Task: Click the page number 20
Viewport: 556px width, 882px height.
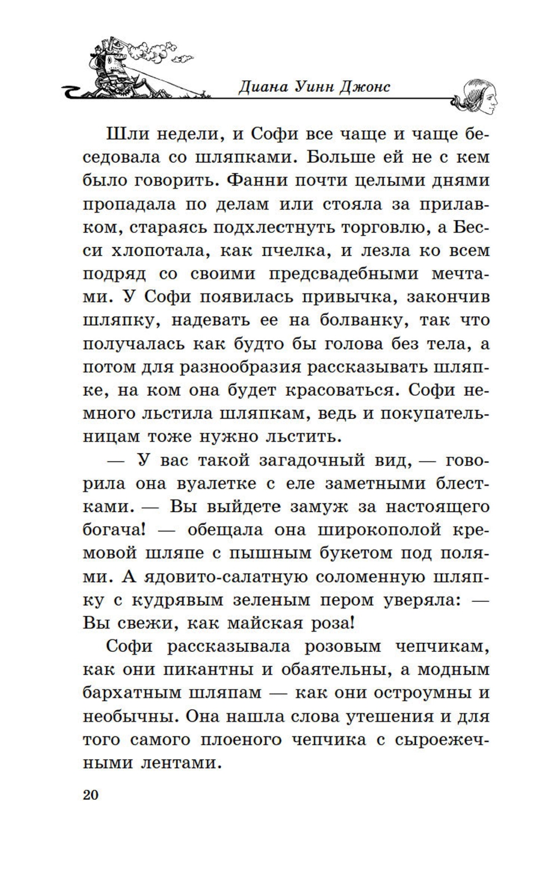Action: click(91, 795)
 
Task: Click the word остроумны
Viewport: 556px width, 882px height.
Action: click(420, 693)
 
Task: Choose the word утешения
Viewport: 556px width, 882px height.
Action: click(381, 716)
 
